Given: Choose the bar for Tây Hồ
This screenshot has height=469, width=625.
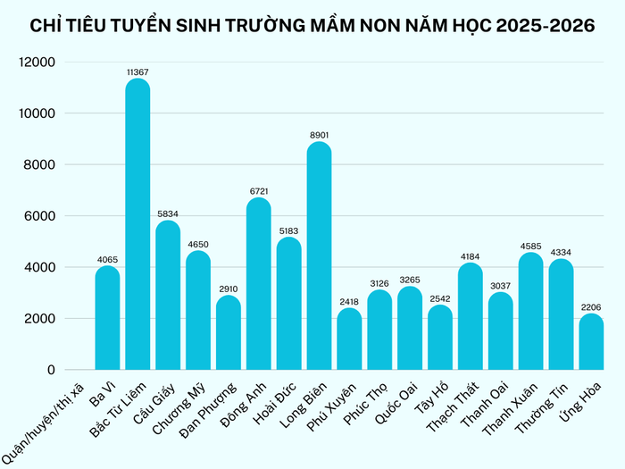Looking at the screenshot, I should tap(440, 337).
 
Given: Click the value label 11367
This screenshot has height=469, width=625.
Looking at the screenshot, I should tap(137, 70).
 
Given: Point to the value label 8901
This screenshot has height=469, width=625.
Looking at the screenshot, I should tap(319, 133).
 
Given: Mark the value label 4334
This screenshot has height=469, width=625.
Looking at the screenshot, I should tap(561, 251).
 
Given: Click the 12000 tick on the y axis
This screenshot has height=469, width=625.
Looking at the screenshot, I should tap(38, 63).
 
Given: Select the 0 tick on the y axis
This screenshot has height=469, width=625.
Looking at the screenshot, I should tap(51, 370).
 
